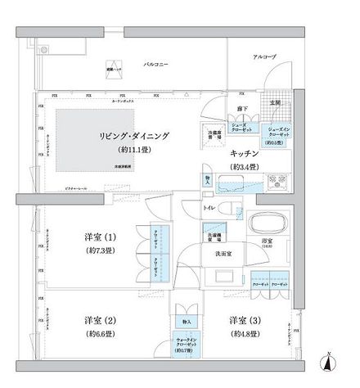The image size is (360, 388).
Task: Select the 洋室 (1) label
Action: (x=101, y=237)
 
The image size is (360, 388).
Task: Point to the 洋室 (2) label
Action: (x=101, y=318)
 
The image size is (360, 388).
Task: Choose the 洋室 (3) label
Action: (x=245, y=318)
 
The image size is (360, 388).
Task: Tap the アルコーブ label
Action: (x=263, y=56)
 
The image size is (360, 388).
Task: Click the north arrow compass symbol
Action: (x=328, y=360)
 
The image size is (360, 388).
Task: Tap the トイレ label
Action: (x=209, y=209)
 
